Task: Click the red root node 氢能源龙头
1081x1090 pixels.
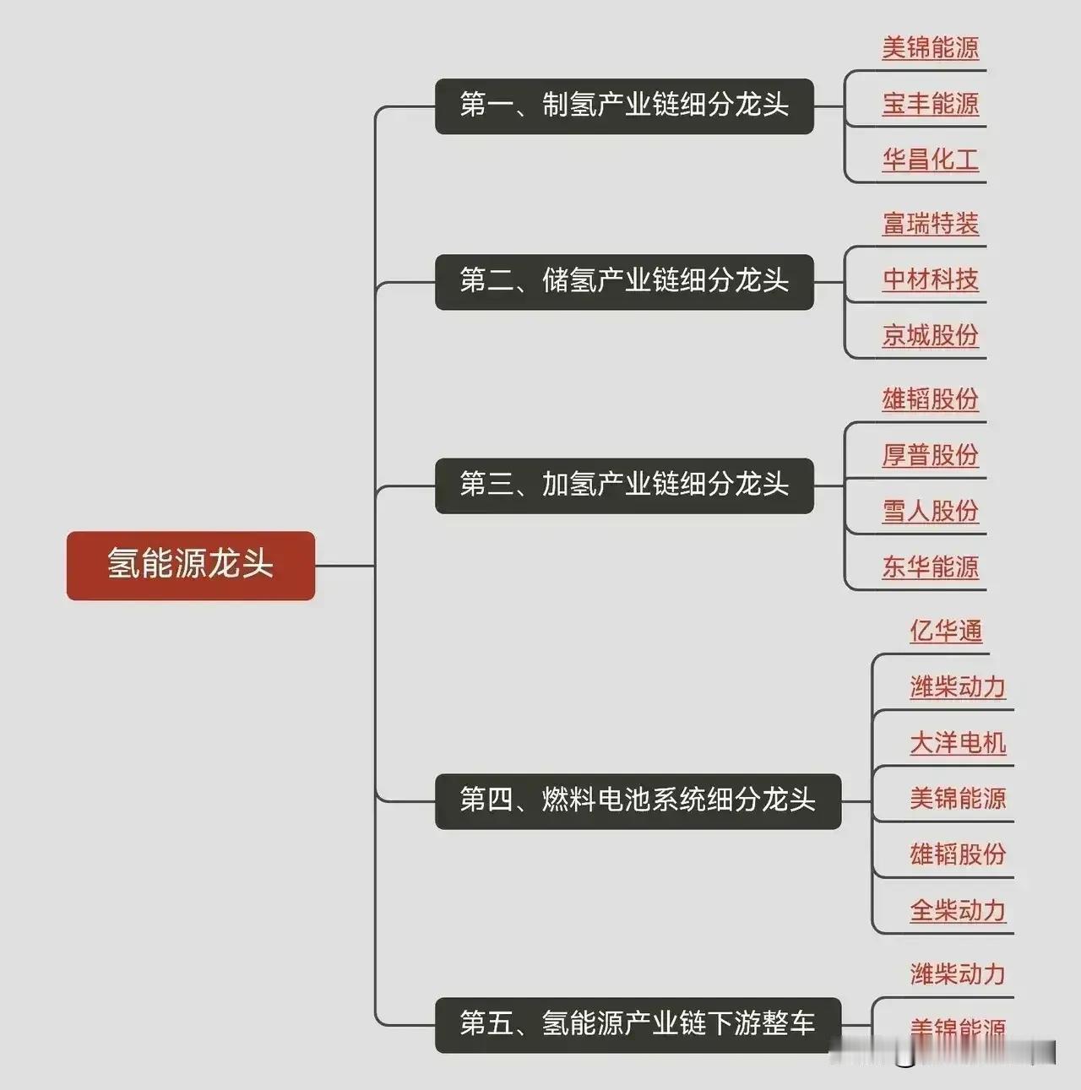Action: (191, 566)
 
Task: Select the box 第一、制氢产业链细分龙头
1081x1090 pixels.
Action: (624, 106)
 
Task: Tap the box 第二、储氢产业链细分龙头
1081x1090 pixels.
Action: (624, 281)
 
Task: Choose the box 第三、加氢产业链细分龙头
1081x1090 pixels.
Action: (624, 485)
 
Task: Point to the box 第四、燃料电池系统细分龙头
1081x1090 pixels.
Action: (638, 800)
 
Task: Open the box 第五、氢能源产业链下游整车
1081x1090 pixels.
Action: (638, 1024)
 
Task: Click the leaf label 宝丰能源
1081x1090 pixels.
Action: (931, 104)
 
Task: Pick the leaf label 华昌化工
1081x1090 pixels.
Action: (931, 160)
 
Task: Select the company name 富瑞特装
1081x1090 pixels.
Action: (931, 224)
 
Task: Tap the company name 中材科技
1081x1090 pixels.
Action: (931, 279)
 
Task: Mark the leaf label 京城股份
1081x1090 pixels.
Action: (931, 335)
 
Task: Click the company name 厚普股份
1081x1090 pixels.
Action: (931, 455)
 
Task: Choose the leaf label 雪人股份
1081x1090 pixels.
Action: (931, 511)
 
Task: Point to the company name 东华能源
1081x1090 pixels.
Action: (931, 567)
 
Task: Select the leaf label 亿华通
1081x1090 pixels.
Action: (946, 631)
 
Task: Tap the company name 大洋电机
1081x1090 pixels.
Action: (958, 743)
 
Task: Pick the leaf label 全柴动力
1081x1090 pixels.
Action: (958, 910)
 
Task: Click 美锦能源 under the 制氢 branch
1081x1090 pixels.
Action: (931, 48)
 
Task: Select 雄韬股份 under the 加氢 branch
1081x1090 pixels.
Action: (931, 399)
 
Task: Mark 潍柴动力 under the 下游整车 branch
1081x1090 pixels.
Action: (958, 974)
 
